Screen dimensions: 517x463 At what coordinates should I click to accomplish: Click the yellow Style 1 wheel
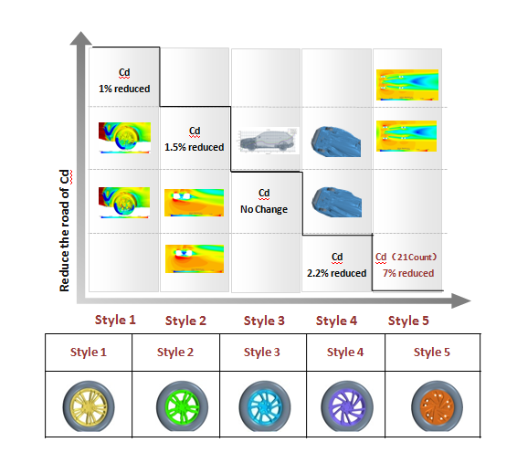[x=89, y=406]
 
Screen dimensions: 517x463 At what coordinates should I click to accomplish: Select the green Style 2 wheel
[x=183, y=406]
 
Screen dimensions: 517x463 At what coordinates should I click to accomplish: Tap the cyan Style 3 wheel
[x=265, y=406]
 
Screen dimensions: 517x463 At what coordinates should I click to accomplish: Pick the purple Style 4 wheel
[x=347, y=406]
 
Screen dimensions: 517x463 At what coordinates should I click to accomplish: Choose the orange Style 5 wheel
[x=437, y=406]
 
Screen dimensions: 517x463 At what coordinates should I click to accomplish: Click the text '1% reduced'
[x=124, y=89]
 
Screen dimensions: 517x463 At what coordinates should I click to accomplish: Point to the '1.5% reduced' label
[x=195, y=147]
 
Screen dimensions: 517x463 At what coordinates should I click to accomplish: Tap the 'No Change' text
[x=264, y=209]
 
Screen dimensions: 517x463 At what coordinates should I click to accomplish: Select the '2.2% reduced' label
[x=337, y=273]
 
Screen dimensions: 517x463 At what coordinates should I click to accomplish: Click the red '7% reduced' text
[x=408, y=273]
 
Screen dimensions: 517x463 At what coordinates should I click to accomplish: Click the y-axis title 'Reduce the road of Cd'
[x=65, y=231]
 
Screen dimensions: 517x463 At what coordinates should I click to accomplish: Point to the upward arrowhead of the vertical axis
[x=80, y=37]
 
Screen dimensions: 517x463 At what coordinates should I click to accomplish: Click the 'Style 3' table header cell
[x=263, y=353]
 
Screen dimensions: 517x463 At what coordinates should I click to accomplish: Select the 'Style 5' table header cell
[x=433, y=353]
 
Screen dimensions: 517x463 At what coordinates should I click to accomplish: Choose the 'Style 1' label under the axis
[x=115, y=320]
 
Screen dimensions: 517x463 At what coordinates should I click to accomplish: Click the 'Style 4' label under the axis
[x=336, y=321]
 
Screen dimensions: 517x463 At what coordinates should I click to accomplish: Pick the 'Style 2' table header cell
[x=175, y=353]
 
